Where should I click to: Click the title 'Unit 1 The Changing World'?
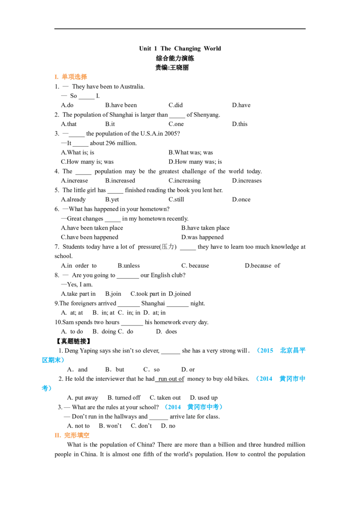[180, 49]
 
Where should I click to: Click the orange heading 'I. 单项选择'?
[71, 77]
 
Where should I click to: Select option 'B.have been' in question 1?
[121, 105]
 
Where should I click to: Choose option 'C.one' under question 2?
[176, 124]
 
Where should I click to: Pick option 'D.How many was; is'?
[195, 162]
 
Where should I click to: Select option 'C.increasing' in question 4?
[184, 180]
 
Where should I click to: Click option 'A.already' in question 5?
[73, 199]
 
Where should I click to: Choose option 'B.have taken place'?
[205, 228]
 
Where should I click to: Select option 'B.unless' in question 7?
[129, 266]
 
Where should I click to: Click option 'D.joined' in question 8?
[180, 294]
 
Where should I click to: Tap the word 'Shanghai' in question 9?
[153, 303]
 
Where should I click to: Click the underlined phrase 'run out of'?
[171, 379]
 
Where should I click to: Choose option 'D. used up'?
[204, 397]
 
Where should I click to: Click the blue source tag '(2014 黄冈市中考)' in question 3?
[193, 407]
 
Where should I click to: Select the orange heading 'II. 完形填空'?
[72, 435]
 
